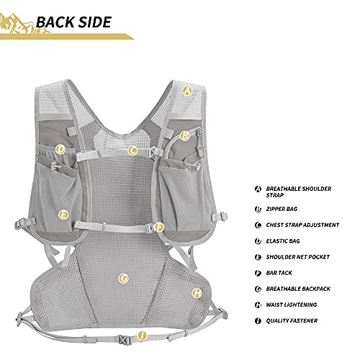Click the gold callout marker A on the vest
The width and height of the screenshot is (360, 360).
(187, 91)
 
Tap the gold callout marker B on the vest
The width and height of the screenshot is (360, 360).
(184, 136)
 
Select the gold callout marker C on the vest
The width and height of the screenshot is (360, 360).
(132, 150)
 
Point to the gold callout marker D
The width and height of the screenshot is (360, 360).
(60, 150)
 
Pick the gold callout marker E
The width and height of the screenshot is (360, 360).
(63, 215)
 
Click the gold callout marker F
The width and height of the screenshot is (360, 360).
(159, 227)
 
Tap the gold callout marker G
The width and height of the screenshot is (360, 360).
(123, 279)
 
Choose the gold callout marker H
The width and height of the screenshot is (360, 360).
(197, 293)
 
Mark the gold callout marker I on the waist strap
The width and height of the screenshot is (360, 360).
(143, 336)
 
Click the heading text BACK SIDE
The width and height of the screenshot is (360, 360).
(73, 22)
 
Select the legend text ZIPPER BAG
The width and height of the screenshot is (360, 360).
(282, 209)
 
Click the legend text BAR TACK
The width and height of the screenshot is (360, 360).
(279, 273)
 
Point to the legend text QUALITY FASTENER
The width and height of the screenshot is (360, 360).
(292, 320)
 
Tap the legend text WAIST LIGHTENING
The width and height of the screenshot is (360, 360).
(292, 305)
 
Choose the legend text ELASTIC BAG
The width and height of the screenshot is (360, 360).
(283, 241)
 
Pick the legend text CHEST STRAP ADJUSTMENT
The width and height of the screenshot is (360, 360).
(302, 225)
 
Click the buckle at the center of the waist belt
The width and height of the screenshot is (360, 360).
(124, 339)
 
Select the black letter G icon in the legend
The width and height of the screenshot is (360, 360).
(258, 289)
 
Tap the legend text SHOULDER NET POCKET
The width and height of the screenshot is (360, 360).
(297, 257)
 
